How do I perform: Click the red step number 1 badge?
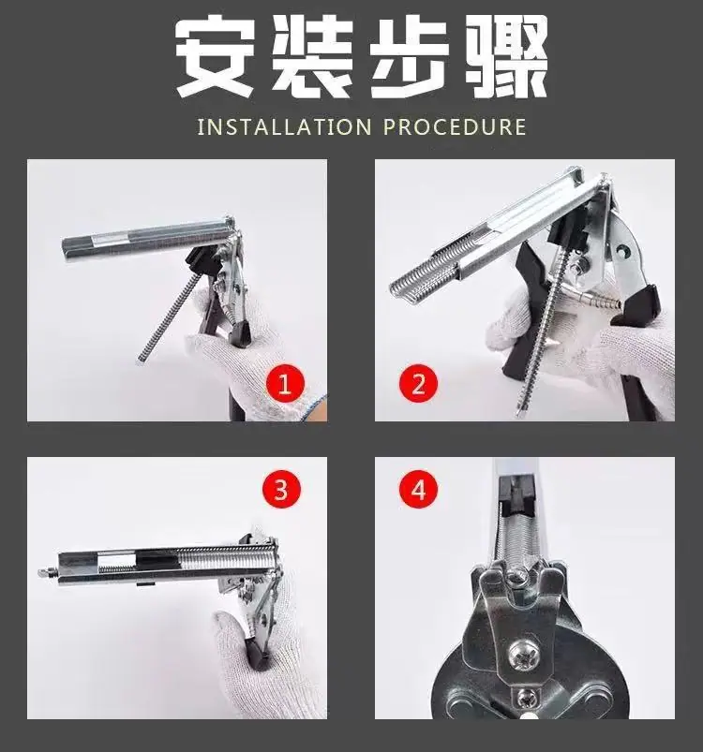(285, 384)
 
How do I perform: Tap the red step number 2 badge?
(418, 384)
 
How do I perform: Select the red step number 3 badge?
(281, 490)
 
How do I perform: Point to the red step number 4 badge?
(418, 490)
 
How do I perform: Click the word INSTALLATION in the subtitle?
(285, 127)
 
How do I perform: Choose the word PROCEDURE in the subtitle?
(456, 127)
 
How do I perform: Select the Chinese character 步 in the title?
(410, 55)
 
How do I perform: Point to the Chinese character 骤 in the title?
(507, 55)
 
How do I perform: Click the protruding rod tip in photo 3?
(48, 572)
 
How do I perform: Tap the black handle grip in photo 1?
(240, 331)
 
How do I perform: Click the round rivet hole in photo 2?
(623, 250)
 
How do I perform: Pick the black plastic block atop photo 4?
(517, 493)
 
